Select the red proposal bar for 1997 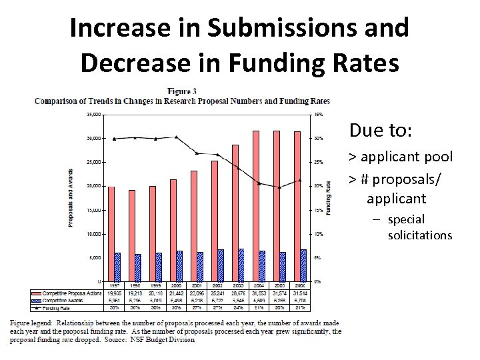[x=111, y=233]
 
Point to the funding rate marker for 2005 [x=279, y=187]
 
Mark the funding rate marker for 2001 [x=197, y=153]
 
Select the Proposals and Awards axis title [x=71, y=198]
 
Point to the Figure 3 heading [x=181, y=91]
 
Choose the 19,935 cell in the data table [x=115, y=294]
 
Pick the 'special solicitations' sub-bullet [x=419, y=227]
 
